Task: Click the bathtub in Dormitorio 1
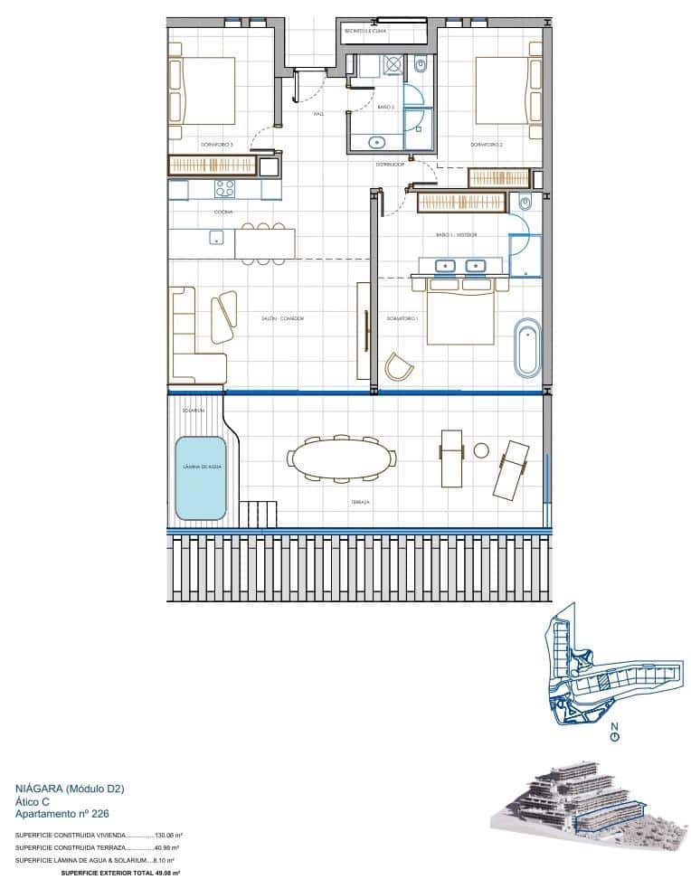(526, 346)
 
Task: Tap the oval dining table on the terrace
(341, 458)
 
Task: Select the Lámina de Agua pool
(200, 477)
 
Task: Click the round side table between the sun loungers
(481, 449)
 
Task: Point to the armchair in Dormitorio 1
(398, 367)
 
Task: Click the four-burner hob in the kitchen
(223, 189)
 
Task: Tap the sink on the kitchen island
(217, 238)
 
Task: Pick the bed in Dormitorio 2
(507, 90)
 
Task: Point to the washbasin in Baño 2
(377, 141)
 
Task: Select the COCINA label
(222, 212)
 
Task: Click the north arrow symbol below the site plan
(614, 735)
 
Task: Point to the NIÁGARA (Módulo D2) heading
(70, 789)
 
